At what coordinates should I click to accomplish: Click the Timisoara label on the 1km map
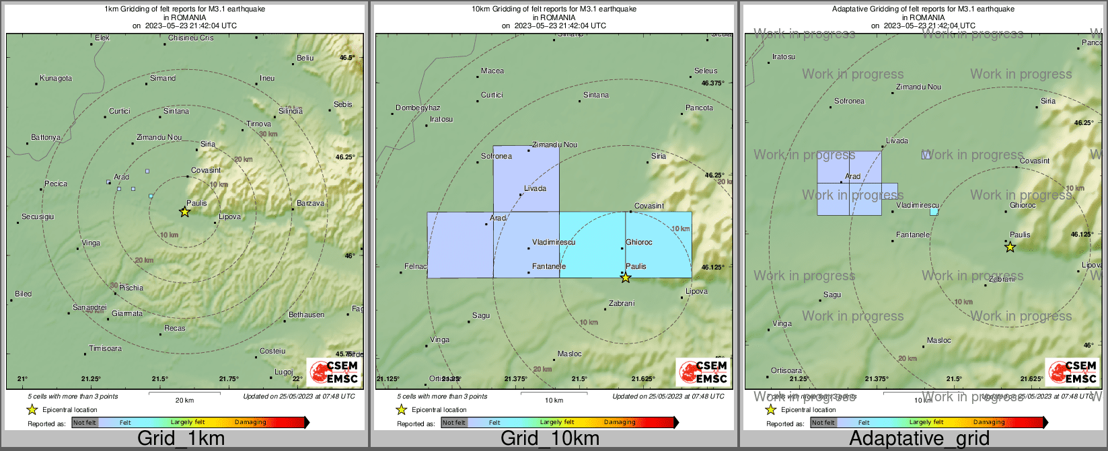pyautogui.click(x=106, y=349)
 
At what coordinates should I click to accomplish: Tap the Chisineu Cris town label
pyautogui.click(x=191, y=38)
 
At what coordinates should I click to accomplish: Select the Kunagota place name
pyautogui.click(x=56, y=79)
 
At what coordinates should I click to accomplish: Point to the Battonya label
pyautogui.click(x=46, y=138)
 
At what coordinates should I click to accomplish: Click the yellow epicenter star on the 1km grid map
pyautogui.click(x=185, y=212)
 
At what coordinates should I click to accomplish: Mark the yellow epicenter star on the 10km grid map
pyautogui.click(x=626, y=278)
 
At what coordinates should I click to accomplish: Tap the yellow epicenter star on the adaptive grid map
pyautogui.click(x=1010, y=247)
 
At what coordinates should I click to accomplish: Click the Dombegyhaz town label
pyautogui.click(x=418, y=108)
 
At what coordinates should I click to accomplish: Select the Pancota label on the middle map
pyautogui.click(x=699, y=108)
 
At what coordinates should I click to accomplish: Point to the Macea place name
pyautogui.click(x=492, y=71)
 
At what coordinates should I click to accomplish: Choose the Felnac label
pyautogui.click(x=416, y=267)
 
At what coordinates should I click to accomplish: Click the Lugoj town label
pyautogui.click(x=284, y=372)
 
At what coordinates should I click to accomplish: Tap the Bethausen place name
pyautogui.click(x=306, y=315)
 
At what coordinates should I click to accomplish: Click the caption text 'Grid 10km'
pyautogui.click(x=550, y=439)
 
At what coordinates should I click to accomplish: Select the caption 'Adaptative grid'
pyautogui.click(x=919, y=439)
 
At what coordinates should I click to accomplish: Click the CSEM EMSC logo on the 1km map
pyautogui.click(x=334, y=372)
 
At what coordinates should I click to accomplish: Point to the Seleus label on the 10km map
pyautogui.click(x=706, y=71)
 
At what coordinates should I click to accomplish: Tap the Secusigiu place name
pyautogui.click(x=38, y=217)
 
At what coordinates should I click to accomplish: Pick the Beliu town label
pyautogui.click(x=305, y=58)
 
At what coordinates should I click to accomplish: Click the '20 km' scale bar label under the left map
pyautogui.click(x=184, y=401)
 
